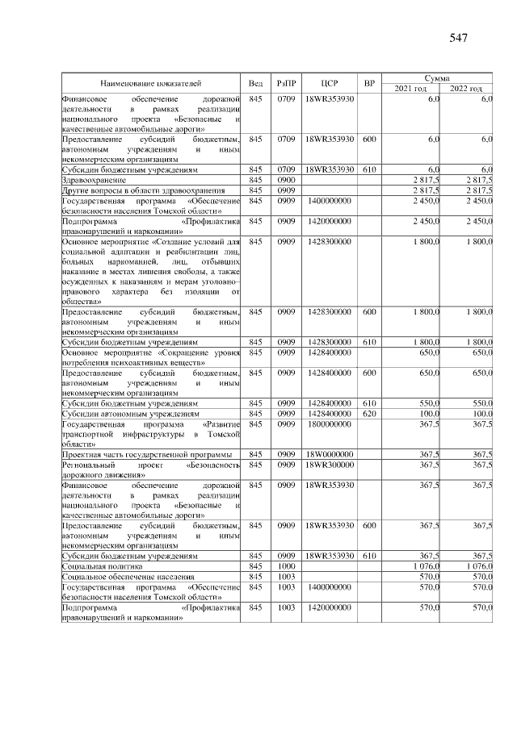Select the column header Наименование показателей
point(150,83)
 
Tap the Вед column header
point(256,83)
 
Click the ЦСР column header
point(329,83)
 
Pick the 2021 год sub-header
point(410,88)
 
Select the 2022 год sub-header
point(466,88)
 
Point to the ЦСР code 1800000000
point(329,423)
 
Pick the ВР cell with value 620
point(369,413)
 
